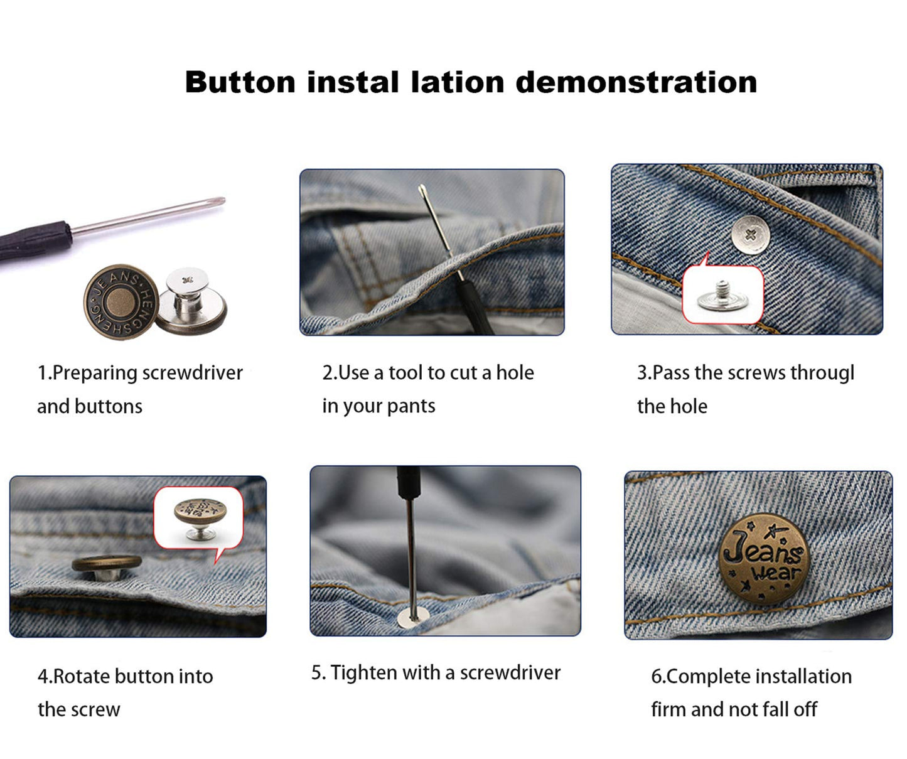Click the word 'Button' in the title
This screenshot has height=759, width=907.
point(240,82)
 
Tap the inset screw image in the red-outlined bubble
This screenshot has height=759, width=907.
point(722,294)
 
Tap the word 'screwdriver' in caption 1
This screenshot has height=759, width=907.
point(192,373)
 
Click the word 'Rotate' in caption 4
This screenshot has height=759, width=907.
point(82,677)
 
